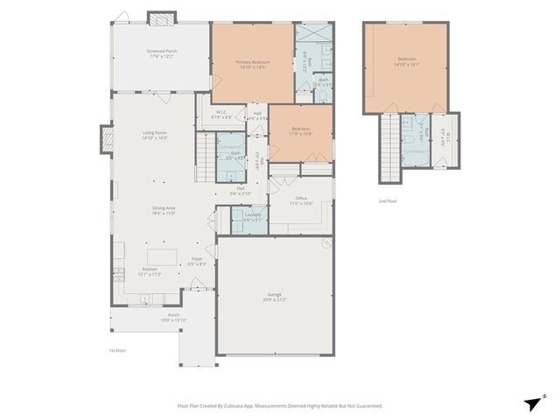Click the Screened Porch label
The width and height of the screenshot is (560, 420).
click(x=160, y=52)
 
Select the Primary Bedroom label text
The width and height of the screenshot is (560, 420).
click(x=252, y=62)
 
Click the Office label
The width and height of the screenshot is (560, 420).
click(x=300, y=199)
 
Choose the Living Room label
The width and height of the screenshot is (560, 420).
click(x=155, y=133)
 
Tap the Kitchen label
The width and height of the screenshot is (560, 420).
click(x=150, y=269)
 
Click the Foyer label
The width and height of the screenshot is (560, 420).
click(x=198, y=260)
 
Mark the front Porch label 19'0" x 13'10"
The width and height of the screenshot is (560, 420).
click(x=173, y=319)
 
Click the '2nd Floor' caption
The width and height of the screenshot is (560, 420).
click(x=388, y=200)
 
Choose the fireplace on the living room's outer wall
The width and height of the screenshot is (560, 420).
click(x=107, y=139)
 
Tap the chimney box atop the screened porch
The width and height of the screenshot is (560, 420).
click(x=160, y=18)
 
